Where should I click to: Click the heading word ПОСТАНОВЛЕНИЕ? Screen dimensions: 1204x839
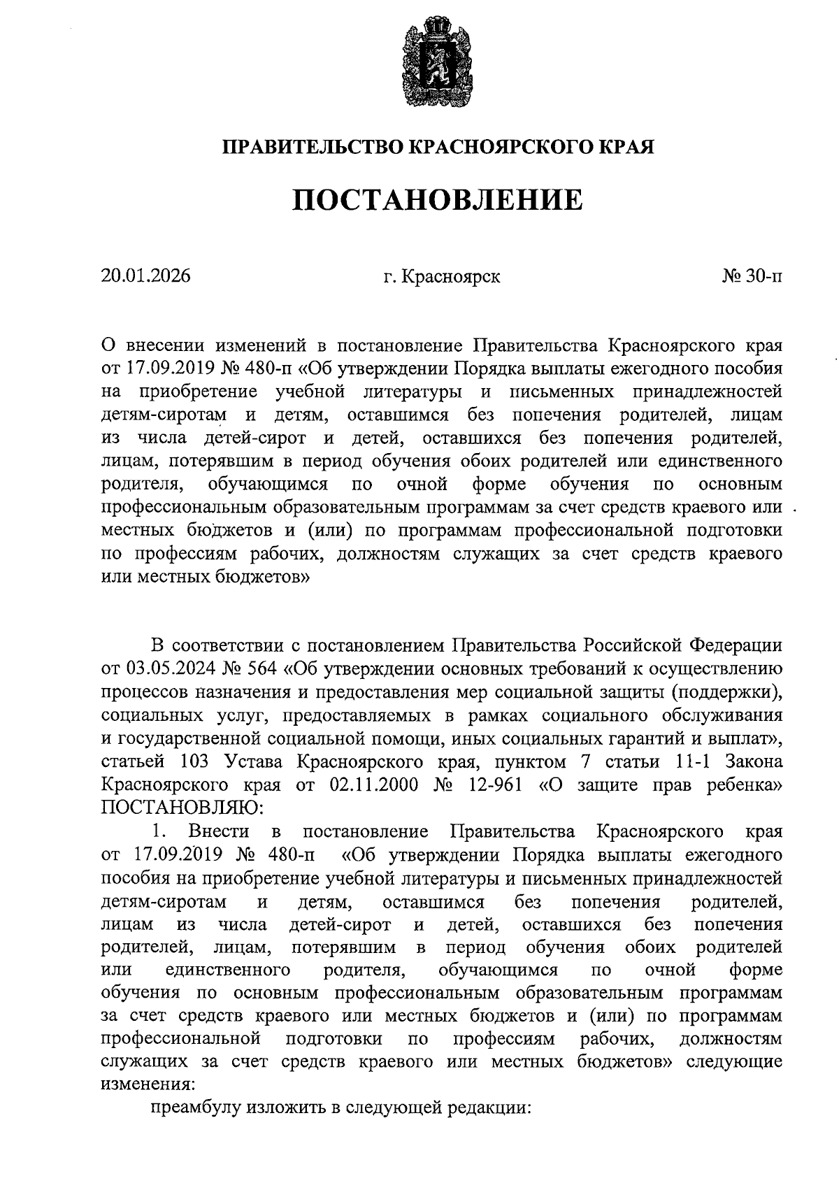(437, 200)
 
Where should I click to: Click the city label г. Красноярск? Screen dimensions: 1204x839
(441, 277)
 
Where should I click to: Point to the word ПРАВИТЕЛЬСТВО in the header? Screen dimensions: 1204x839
(313, 148)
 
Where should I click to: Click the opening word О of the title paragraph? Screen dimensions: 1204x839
(108, 345)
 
